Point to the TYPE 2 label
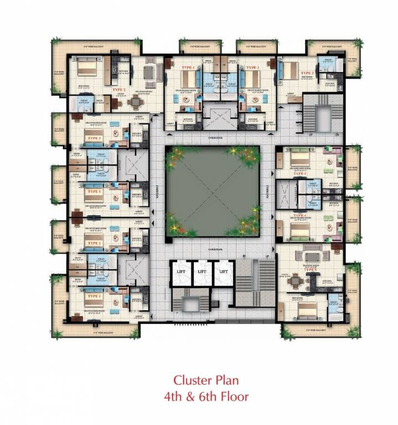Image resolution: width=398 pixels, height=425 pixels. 120,89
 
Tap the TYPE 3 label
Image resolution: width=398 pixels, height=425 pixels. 307,72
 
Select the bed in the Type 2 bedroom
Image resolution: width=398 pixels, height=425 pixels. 86,69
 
